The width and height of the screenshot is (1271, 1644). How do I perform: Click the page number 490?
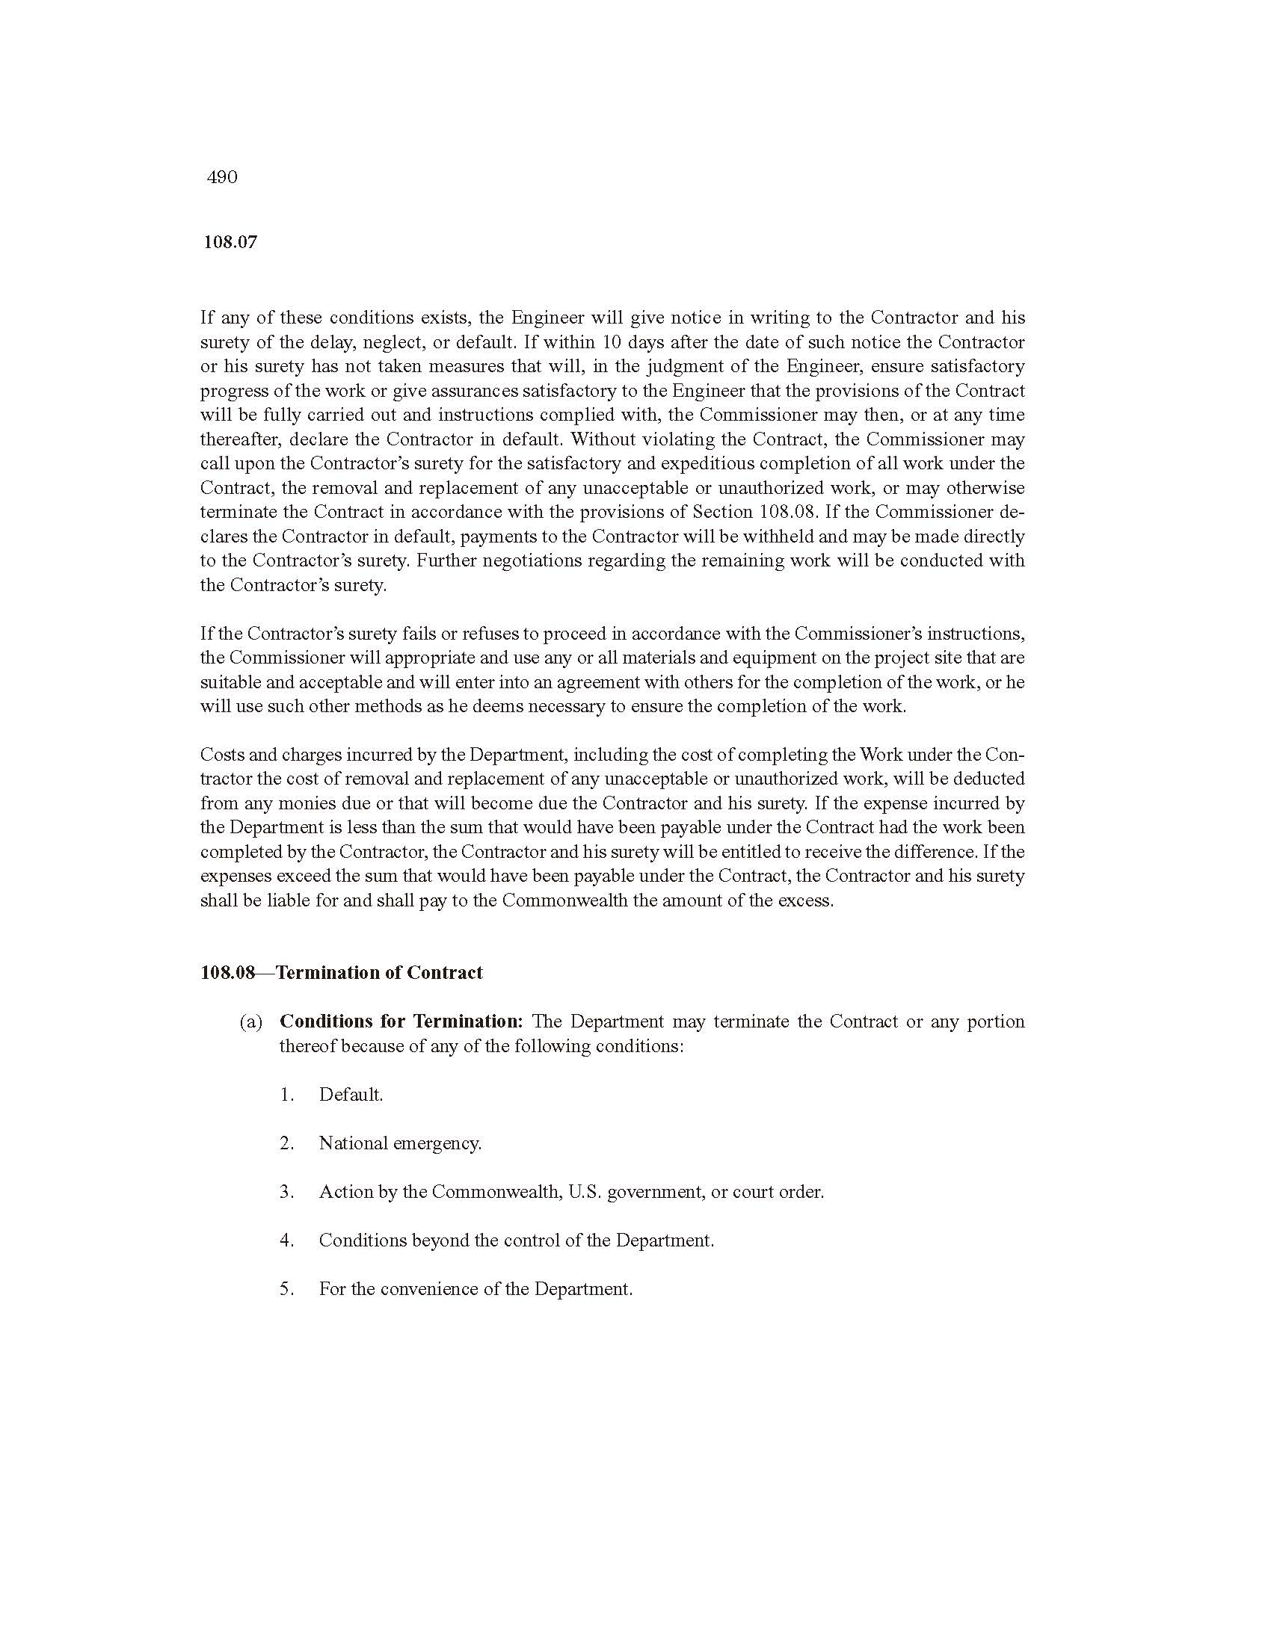(x=222, y=178)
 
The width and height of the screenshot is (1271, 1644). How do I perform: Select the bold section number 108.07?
(x=230, y=242)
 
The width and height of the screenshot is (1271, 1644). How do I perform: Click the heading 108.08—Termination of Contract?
(x=342, y=972)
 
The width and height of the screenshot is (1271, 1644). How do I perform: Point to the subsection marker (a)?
(x=250, y=1022)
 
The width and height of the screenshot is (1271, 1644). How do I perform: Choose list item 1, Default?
(x=351, y=1095)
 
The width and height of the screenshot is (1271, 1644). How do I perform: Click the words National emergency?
(x=400, y=1143)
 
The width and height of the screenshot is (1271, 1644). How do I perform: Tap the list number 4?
(x=286, y=1240)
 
